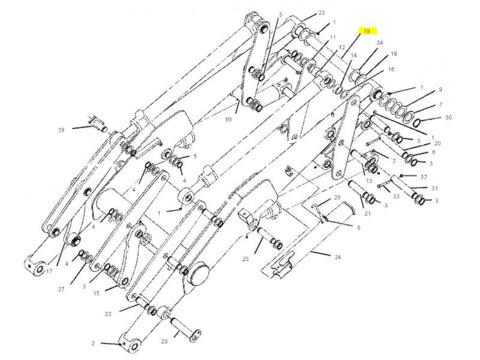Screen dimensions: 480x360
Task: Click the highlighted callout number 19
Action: pos(367,31)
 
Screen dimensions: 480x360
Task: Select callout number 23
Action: pos(322,13)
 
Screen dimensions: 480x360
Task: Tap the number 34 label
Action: pos(380,43)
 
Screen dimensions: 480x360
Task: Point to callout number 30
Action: pos(448,118)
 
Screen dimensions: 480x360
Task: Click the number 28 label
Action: pos(61,130)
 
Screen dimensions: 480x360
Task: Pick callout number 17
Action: pos(49,271)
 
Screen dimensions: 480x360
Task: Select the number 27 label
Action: pos(61,289)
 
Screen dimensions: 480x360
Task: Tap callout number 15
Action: pos(97,293)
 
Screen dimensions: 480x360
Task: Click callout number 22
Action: pos(108,314)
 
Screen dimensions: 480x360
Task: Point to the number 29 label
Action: pos(164,341)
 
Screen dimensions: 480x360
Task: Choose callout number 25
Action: pos(245,259)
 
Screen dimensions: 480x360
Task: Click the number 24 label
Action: pos(337,257)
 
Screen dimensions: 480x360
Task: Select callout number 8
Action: pos(358,228)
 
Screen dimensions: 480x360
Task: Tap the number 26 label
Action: pos(337,197)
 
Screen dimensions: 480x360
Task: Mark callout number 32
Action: pos(424,177)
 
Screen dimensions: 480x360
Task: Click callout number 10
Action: pos(229,119)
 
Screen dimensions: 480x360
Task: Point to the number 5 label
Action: pos(195,156)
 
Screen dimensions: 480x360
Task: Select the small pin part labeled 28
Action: pos(97,124)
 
